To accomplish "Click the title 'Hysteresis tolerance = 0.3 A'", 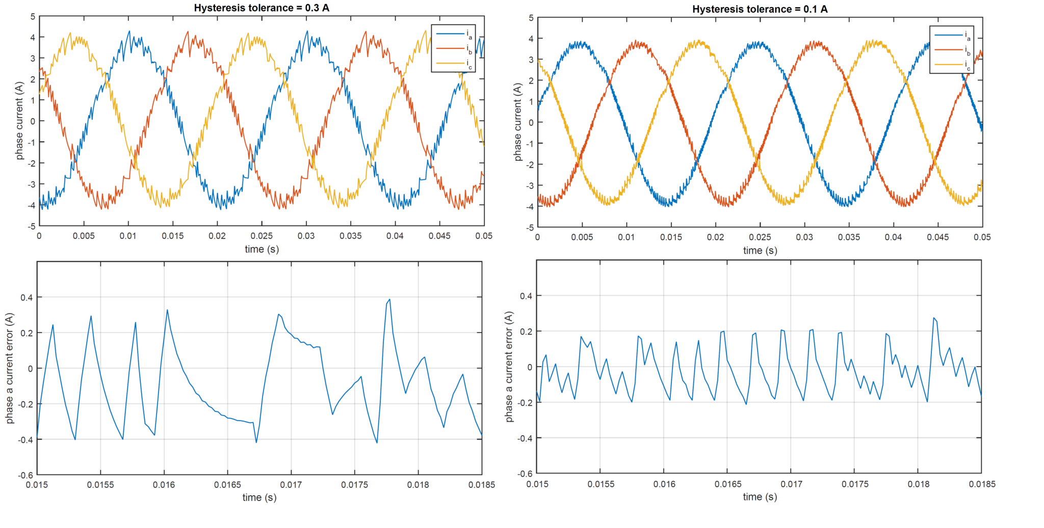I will pyautogui.click(x=262, y=8).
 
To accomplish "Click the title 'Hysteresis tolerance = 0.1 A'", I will pyautogui.click(x=760, y=9).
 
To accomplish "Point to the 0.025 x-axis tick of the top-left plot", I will pyautogui.click(x=262, y=236).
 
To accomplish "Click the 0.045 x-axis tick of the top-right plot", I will pyautogui.click(x=938, y=237).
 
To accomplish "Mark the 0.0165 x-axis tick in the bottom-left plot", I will pyautogui.click(x=228, y=485).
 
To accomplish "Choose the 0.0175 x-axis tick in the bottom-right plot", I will pyautogui.click(x=855, y=484).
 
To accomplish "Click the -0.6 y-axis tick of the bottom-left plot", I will pyautogui.click(x=25, y=476).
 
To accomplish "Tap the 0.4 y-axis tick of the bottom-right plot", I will pyautogui.click(x=526, y=296).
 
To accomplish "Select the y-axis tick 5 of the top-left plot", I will pyautogui.click(x=33, y=17).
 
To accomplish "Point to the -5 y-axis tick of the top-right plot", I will pyautogui.click(x=530, y=228).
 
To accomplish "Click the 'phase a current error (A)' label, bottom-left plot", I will pyautogui.click(x=9, y=368).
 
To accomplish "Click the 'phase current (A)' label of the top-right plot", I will pyautogui.click(x=518, y=122).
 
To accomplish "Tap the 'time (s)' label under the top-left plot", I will pyautogui.click(x=262, y=249).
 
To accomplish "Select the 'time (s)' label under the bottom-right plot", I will pyautogui.click(x=760, y=496).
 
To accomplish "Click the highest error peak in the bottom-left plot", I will pyautogui.click(x=389, y=299).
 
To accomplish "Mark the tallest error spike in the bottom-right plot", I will pyautogui.click(x=934, y=318).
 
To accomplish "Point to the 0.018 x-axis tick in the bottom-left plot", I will pyautogui.click(x=418, y=485).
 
